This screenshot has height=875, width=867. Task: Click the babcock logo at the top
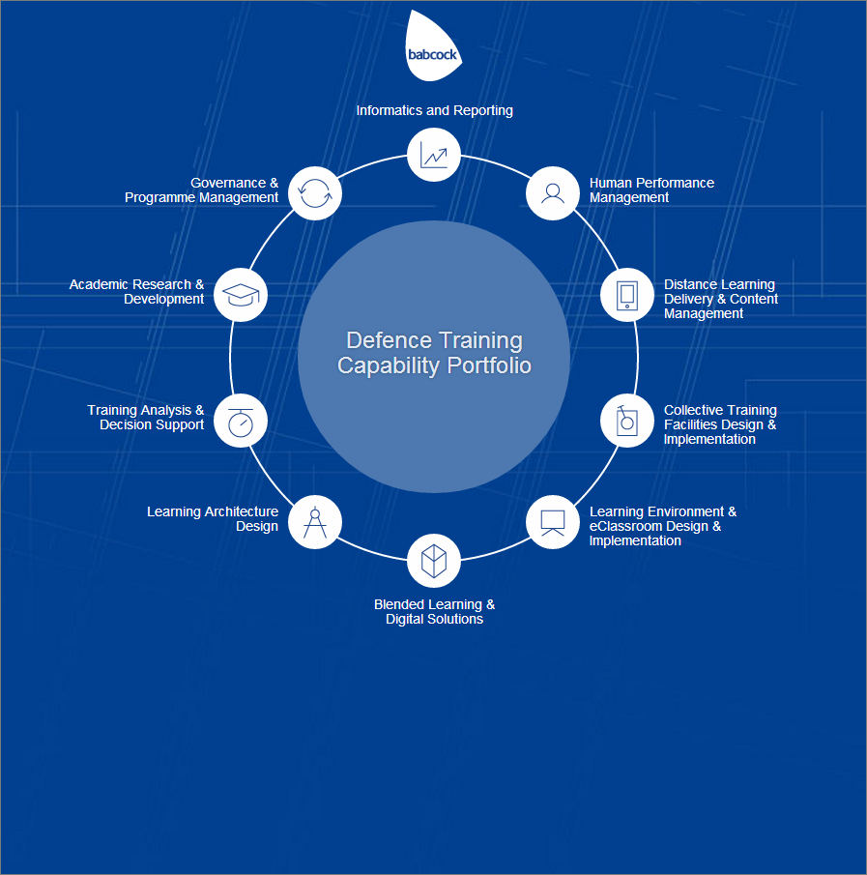433,46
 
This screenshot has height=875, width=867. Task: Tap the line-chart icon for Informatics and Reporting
433,155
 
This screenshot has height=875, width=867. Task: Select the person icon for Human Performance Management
552,193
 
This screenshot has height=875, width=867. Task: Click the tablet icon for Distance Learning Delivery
627,295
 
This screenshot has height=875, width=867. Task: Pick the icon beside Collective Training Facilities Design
627,421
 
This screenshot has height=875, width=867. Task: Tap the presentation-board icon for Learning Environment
552,522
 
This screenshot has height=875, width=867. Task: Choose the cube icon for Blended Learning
433,561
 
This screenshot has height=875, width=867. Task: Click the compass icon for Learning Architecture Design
315,522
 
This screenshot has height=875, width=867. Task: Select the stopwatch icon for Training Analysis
241,421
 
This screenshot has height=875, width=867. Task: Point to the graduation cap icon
241,295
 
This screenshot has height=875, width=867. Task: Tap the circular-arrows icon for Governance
315,193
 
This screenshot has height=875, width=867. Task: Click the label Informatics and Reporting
435,110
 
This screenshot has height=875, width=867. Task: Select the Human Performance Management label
651,190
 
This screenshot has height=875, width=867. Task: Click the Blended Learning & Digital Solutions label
435,612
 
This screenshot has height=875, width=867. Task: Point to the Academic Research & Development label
136,291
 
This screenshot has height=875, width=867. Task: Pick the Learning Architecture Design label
213,518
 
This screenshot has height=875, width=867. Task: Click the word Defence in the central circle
389,340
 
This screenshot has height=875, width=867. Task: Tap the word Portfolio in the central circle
489,365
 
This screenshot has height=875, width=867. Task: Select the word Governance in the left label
228,183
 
